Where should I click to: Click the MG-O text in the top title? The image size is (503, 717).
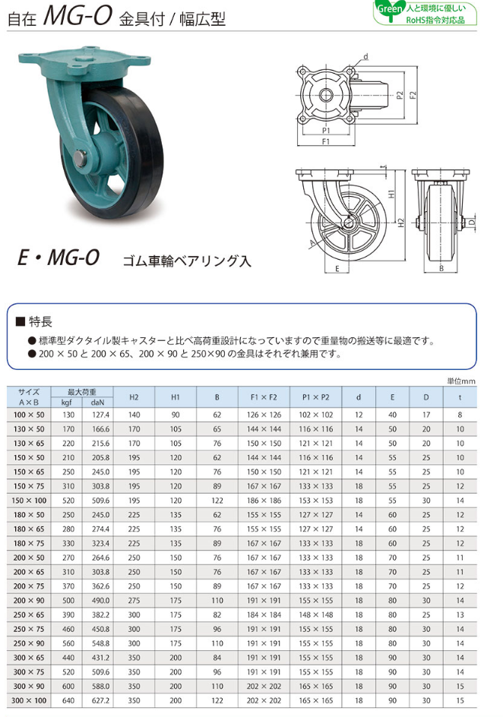click(78, 17)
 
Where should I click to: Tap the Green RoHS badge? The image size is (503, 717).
click(425, 14)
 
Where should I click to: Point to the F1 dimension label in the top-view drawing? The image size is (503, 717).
click(325, 142)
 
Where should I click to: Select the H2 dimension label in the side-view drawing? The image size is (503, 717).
click(401, 223)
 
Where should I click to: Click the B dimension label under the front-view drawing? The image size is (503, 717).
click(441, 268)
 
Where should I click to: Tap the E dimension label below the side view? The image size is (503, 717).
click(337, 269)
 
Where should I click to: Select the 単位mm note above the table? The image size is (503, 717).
click(461, 381)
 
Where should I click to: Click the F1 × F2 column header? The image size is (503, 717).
click(264, 397)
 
